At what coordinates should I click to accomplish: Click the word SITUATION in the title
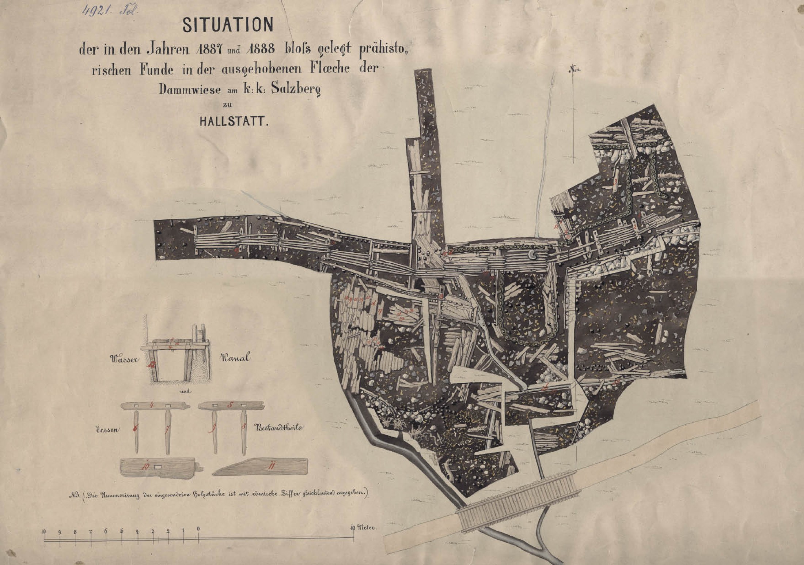[228, 25]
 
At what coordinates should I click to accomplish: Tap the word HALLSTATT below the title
[234, 121]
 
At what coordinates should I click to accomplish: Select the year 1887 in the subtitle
[209, 49]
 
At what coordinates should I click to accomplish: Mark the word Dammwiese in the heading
[190, 90]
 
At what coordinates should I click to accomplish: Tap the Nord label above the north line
[574, 69]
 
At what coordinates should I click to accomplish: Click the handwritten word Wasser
[125, 359]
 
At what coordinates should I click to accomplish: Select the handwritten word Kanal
[235, 358]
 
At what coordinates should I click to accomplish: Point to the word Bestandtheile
[280, 427]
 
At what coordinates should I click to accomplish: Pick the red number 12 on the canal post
[150, 364]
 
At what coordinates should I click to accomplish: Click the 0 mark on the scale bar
[198, 529]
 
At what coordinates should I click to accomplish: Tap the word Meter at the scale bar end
[366, 528]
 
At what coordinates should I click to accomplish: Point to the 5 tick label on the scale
[121, 531]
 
